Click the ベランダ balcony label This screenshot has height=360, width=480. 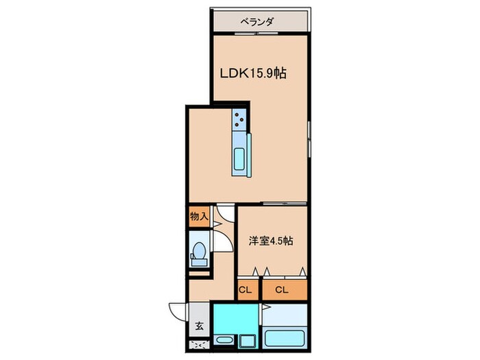click(x=257, y=22)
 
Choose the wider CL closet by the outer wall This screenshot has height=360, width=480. click(x=282, y=290)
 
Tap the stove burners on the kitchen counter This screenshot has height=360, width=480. click(x=239, y=120)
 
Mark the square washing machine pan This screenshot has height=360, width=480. click(x=246, y=341)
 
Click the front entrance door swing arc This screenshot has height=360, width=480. click(x=178, y=313)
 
